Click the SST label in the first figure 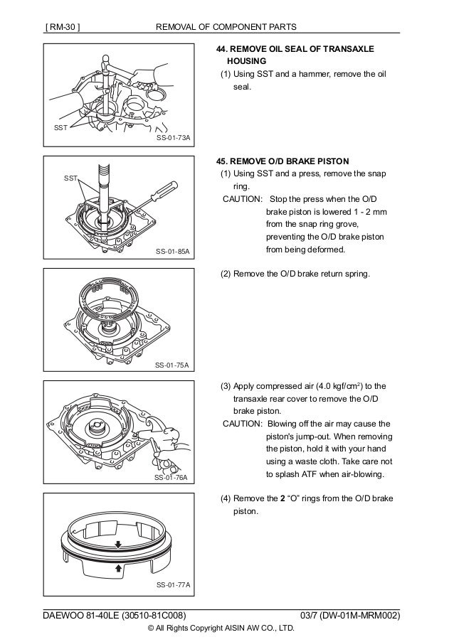point(60,128)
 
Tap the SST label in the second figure point(71,179)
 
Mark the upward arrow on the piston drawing point(118,569)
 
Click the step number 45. point(222,161)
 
